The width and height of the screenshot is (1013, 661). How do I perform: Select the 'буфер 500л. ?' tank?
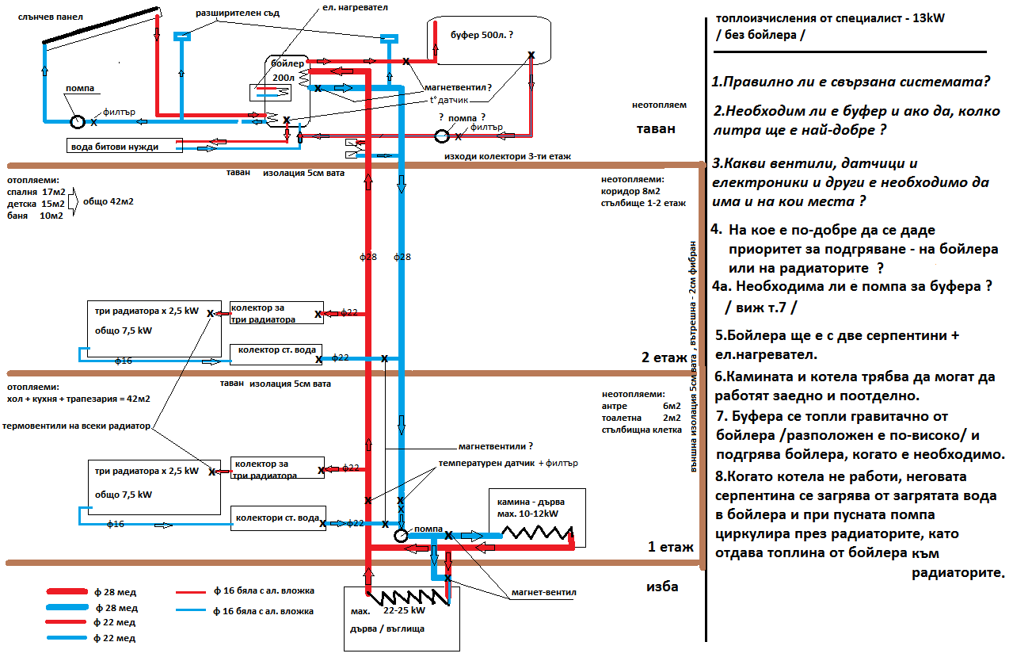click(x=486, y=36)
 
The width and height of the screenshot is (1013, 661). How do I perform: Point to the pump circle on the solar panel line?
click(x=78, y=122)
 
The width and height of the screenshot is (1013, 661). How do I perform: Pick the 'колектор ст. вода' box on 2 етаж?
click(x=276, y=350)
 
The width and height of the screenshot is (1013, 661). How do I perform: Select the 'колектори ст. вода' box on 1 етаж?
click(x=276, y=518)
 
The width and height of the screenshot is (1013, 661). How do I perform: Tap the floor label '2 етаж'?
click(x=664, y=357)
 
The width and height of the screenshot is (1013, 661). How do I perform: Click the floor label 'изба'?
click(x=662, y=587)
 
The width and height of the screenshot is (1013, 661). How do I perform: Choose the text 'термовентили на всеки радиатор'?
click(x=76, y=426)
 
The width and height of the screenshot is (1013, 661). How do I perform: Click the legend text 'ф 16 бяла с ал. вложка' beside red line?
click(x=264, y=590)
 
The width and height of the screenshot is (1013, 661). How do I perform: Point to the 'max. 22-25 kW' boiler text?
click(x=387, y=612)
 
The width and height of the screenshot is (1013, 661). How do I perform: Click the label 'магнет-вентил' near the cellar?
click(x=544, y=591)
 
